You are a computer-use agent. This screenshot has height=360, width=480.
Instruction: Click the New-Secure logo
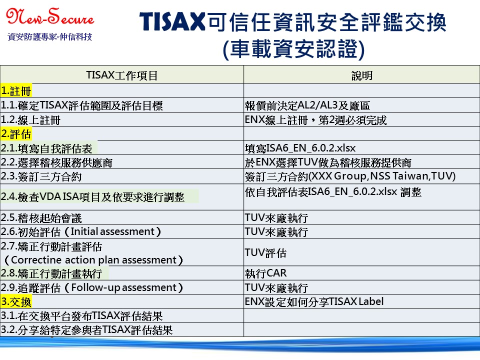click(50, 17)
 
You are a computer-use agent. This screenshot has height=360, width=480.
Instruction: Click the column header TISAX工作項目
click(122, 75)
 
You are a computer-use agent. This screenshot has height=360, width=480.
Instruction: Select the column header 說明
click(362, 75)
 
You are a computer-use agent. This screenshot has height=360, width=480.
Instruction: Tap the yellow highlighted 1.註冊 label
click(16, 91)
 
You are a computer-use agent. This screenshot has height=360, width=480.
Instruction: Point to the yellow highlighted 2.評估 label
click(16, 134)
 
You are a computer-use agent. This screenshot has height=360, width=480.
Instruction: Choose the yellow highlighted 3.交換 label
click(16, 302)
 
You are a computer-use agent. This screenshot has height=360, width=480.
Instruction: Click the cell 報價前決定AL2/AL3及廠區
click(307, 105)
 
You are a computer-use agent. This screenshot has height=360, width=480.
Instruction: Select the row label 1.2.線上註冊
click(30, 120)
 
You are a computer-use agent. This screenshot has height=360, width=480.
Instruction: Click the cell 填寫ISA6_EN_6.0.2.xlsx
click(300, 148)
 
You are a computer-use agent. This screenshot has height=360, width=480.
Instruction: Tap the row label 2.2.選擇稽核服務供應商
click(56, 162)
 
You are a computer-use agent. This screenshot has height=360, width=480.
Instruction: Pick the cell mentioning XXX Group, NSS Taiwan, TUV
click(350, 176)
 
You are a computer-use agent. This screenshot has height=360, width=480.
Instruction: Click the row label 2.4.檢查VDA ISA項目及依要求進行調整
click(92, 197)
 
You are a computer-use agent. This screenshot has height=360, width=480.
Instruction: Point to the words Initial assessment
click(112, 231)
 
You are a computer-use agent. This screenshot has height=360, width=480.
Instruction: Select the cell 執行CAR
click(265, 273)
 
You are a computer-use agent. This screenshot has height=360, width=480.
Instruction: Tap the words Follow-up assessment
click(124, 288)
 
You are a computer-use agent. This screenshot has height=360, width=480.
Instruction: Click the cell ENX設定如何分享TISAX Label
click(314, 302)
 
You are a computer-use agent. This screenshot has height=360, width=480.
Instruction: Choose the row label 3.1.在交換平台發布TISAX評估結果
click(81, 315)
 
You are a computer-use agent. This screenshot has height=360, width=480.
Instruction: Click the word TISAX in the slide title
click(172, 21)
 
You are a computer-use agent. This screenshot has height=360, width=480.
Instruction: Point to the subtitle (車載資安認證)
click(294, 49)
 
